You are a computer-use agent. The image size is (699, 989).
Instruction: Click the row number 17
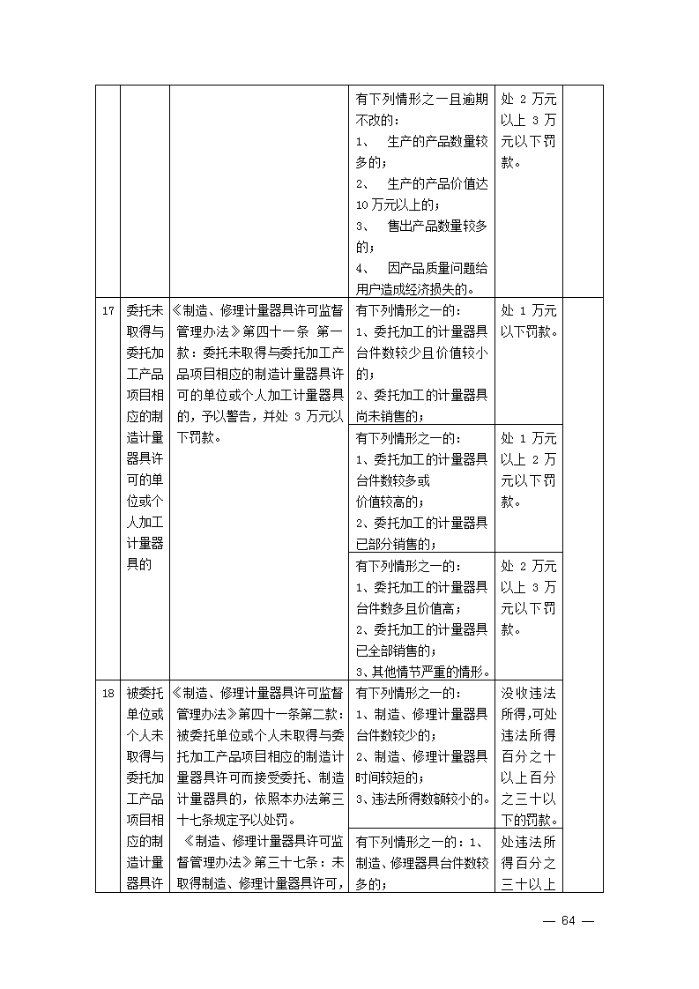tap(108, 311)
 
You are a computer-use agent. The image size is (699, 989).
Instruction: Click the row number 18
tap(108, 693)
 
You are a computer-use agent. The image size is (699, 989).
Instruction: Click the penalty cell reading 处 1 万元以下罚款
tap(529, 322)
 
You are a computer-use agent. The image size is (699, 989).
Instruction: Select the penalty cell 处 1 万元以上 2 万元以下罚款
tap(529, 470)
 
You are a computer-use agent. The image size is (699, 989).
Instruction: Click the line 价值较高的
tap(389, 502)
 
